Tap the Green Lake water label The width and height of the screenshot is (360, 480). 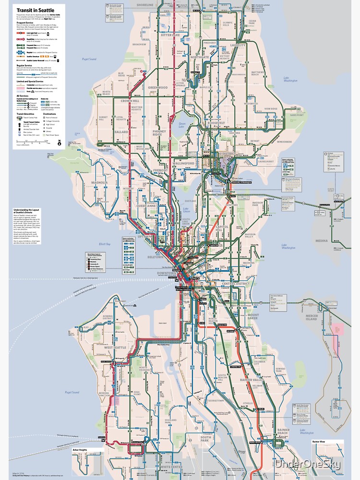[182, 124]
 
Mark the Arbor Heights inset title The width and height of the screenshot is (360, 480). [82, 450]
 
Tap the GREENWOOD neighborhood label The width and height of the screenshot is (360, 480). [158, 88]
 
